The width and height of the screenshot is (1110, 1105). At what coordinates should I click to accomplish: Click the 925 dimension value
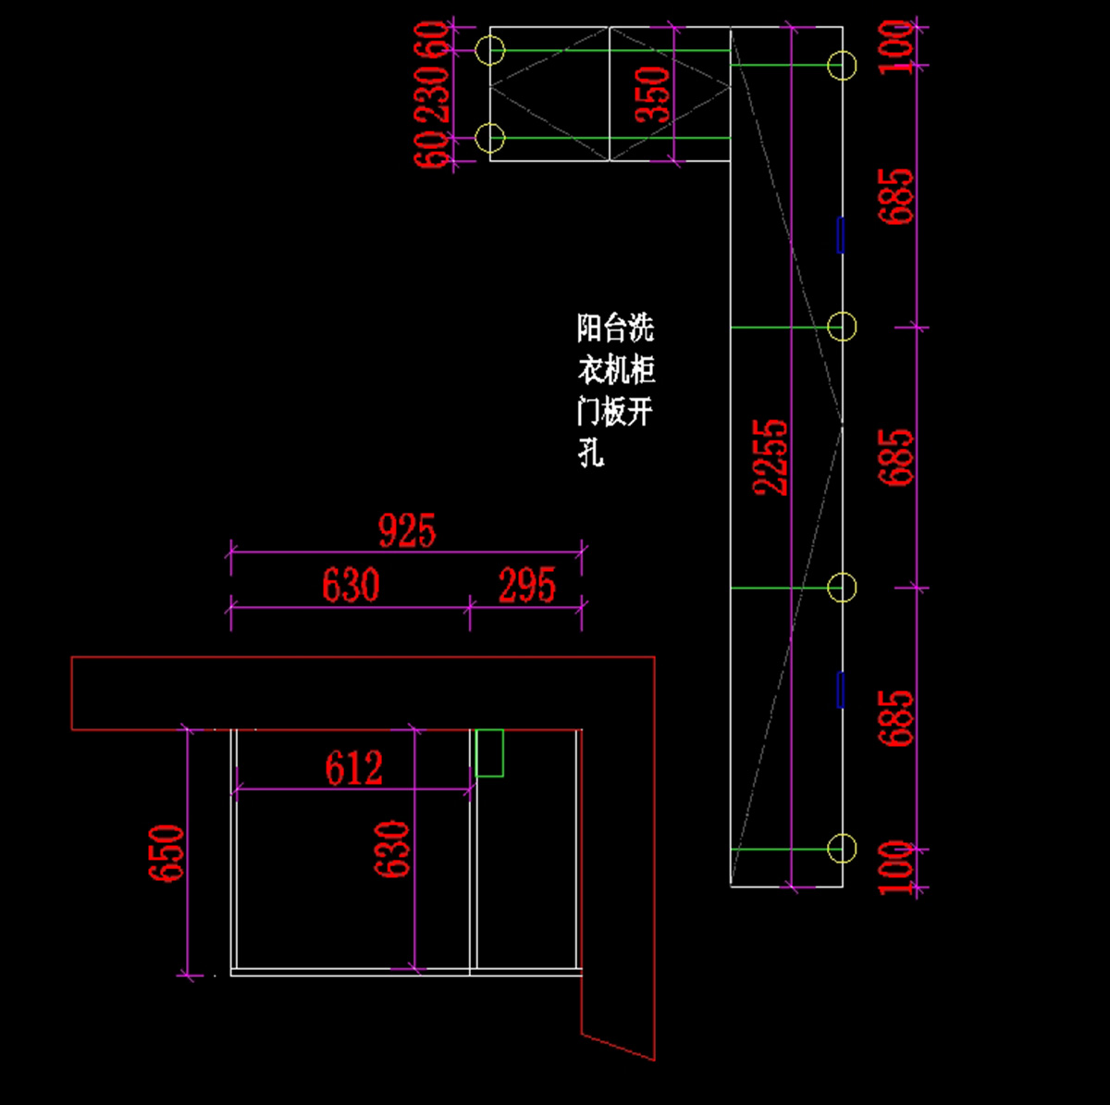406,531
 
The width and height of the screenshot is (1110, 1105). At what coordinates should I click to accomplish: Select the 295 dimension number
527,586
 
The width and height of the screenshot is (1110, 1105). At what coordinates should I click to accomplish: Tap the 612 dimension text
353,768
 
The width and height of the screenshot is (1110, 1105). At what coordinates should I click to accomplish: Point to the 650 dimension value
167,852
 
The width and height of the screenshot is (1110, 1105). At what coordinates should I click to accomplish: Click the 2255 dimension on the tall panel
771,457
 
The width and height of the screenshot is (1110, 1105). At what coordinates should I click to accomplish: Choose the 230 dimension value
433,92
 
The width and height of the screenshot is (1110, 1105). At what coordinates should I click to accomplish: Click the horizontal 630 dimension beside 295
351,586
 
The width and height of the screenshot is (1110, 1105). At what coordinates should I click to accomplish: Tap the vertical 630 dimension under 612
392,849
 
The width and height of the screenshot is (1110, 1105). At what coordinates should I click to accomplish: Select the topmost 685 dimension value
896,196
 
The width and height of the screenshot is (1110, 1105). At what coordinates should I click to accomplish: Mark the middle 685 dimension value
896,457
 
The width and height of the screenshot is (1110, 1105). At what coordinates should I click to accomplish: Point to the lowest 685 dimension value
896,718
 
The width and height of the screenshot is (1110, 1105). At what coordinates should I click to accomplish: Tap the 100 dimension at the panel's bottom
896,867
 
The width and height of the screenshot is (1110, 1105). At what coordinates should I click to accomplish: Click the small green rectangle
489,752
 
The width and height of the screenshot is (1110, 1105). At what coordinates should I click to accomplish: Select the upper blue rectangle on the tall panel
841,235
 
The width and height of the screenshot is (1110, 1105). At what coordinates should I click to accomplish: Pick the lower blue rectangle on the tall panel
841,689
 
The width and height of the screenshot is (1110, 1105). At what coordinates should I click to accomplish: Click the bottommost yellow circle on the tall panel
842,848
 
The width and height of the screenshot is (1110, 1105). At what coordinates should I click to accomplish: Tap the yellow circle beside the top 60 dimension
489,49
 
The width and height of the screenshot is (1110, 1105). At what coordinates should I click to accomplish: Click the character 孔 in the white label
592,453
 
